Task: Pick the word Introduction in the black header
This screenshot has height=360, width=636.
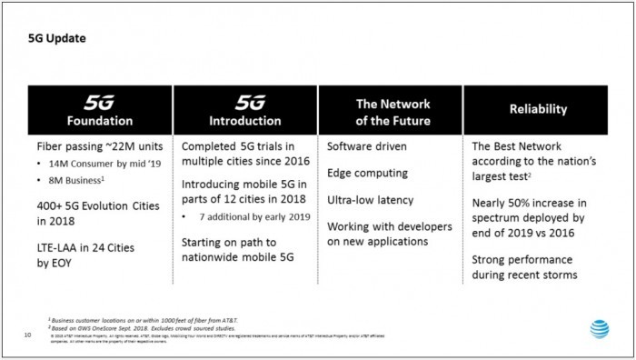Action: click(x=244, y=120)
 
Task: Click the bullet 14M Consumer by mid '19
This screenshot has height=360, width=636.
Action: click(x=87, y=165)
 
